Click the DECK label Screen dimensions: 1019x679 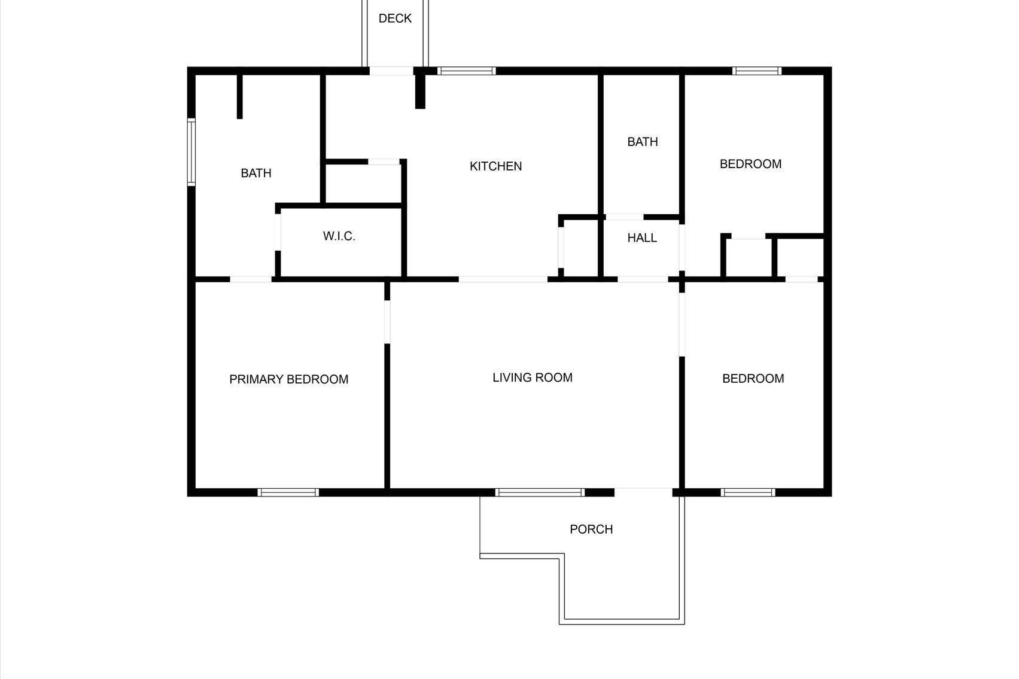(x=395, y=18)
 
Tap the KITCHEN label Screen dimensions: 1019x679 (x=495, y=166)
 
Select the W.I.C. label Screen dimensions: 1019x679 (x=339, y=236)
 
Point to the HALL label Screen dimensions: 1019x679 (x=642, y=238)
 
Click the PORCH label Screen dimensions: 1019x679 (x=591, y=529)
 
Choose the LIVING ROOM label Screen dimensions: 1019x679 (x=533, y=377)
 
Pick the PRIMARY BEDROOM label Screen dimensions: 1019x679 (x=288, y=379)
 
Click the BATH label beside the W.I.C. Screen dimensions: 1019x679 (x=255, y=173)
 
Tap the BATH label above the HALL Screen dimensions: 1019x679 (x=642, y=142)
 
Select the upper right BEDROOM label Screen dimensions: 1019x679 (x=750, y=164)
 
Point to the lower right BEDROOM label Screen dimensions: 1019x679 (x=753, y=378)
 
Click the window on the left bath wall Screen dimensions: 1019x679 (x=191, y=153)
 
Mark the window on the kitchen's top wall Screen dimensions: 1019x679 (x=467, y=71)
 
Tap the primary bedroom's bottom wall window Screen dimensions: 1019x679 (x=288, y=492)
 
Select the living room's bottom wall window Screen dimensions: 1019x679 (x=540, y=492)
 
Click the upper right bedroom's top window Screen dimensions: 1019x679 (x=757, y=71)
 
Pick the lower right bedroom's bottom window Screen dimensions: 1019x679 (x=748, y=492)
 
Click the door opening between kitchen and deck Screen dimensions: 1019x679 (x=391, y=71)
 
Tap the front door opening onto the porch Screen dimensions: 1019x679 (x=643, y=492)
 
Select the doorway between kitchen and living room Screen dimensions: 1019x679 (x=503, y=279)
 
